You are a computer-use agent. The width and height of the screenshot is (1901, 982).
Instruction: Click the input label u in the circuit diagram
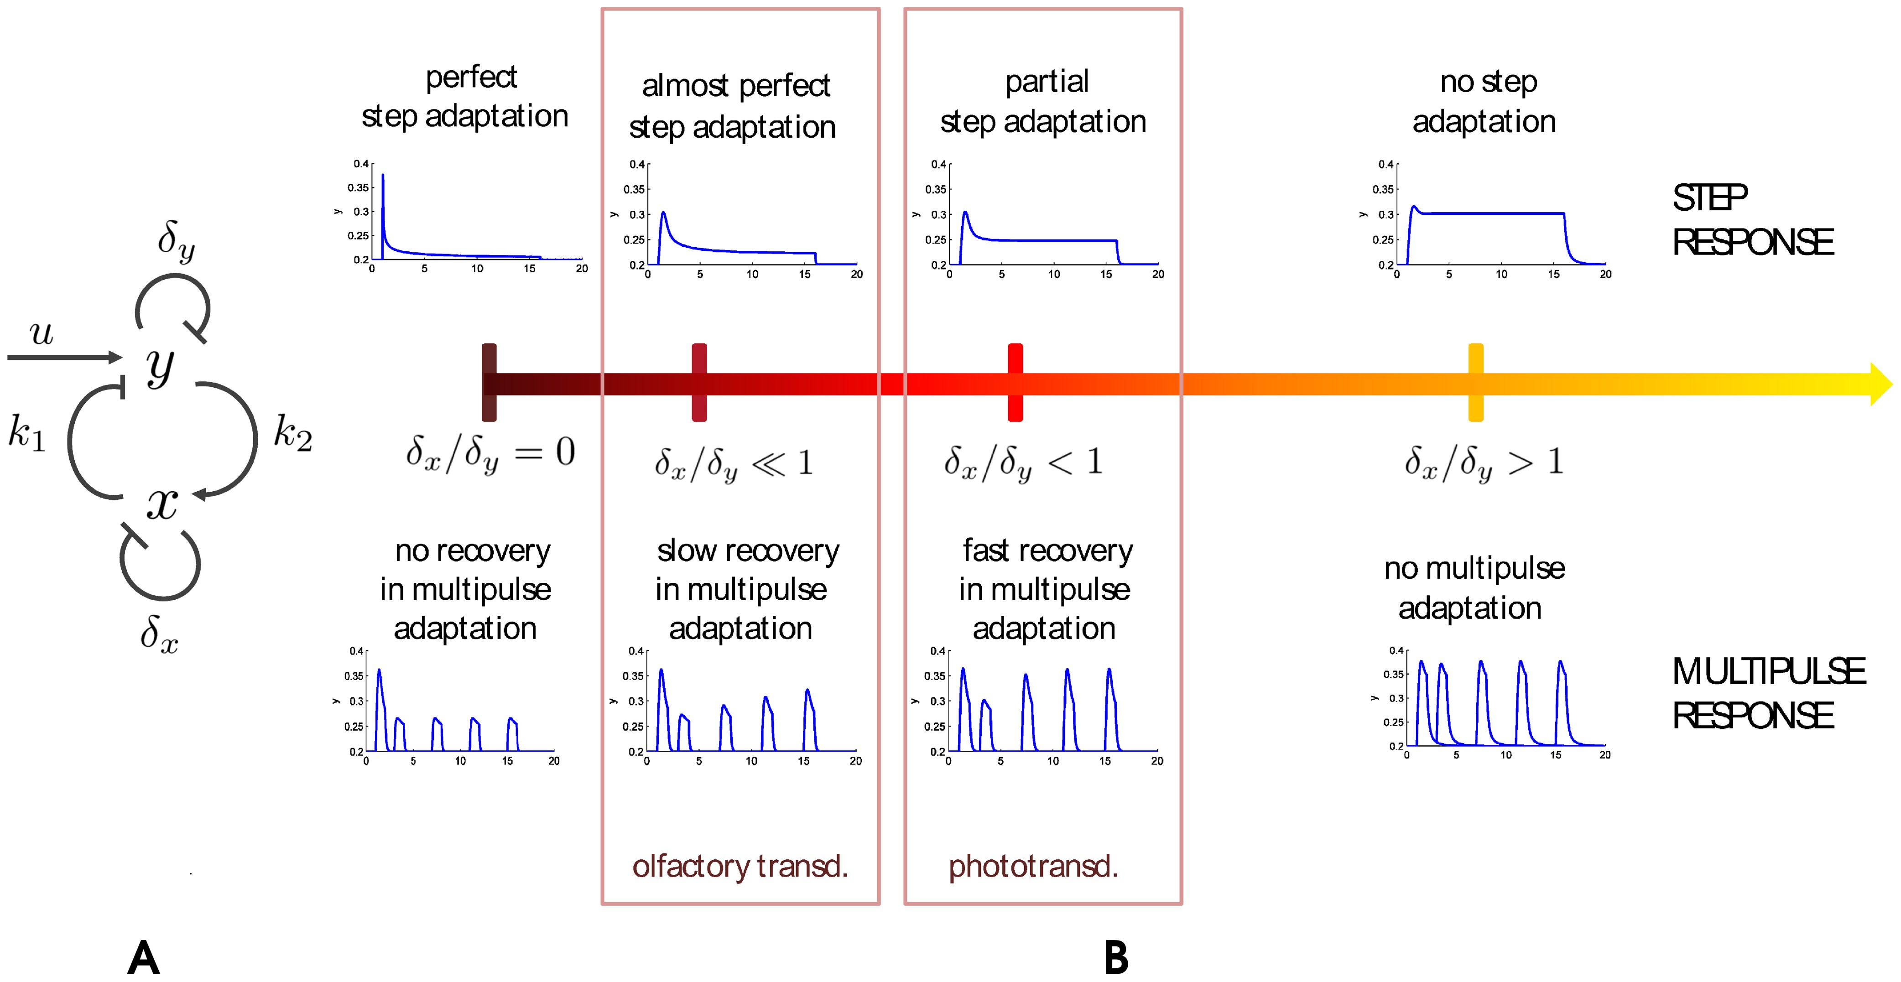(42, 333)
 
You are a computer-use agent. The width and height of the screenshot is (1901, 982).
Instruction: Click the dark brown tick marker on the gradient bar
(489, 382)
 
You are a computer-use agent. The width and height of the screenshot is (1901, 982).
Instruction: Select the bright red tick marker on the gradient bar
(1015, 382)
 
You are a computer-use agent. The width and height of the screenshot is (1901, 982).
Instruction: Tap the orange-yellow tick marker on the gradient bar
(1475, 382)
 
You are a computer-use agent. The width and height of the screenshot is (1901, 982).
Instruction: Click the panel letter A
(144, 958)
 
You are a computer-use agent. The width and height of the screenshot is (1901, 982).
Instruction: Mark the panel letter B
(1116, 958)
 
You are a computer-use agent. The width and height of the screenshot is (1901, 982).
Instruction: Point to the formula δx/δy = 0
(490, 453)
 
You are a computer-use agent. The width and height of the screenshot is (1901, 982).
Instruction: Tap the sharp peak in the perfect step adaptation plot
(382, 177)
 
